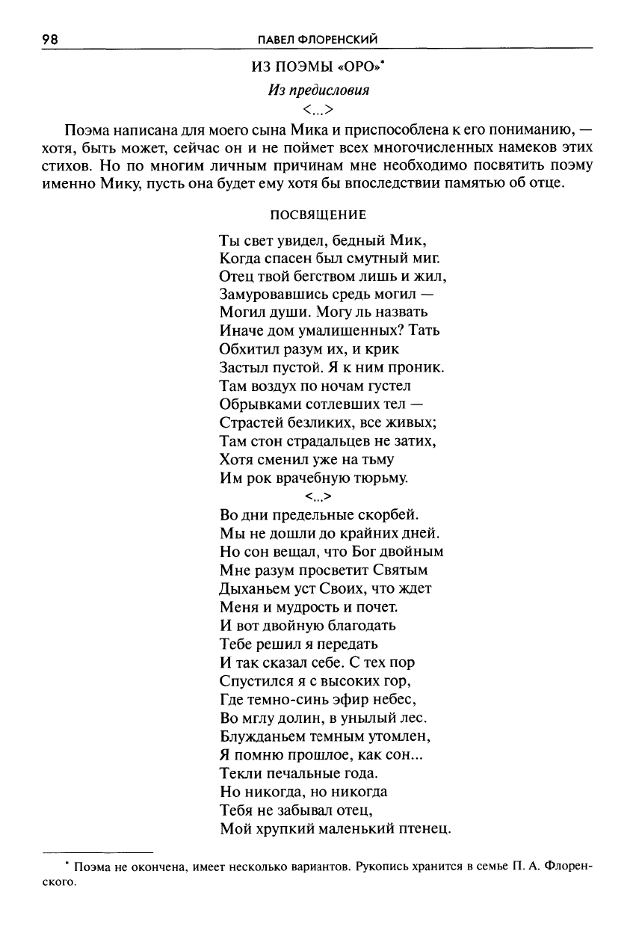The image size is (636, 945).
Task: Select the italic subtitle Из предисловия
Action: (319, 91)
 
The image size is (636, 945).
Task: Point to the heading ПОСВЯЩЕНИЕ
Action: (318, 215)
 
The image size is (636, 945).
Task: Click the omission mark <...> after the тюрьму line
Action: (318, 496)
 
